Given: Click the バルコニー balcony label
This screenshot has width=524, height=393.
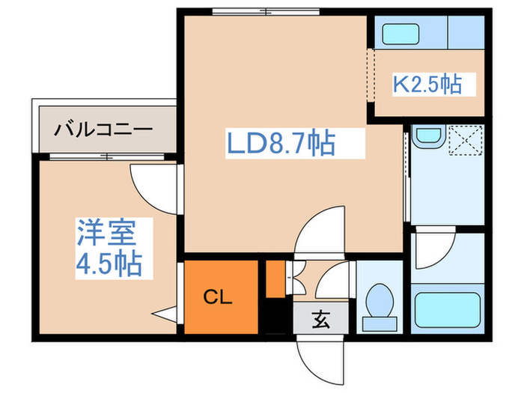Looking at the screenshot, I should tap(103, 130).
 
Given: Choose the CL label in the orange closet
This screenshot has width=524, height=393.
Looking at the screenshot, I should tap(219, 296).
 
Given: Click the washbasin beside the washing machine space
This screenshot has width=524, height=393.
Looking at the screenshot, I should tap(427, 139).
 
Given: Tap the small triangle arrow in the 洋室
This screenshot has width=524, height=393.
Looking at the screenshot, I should tap(164, 313).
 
